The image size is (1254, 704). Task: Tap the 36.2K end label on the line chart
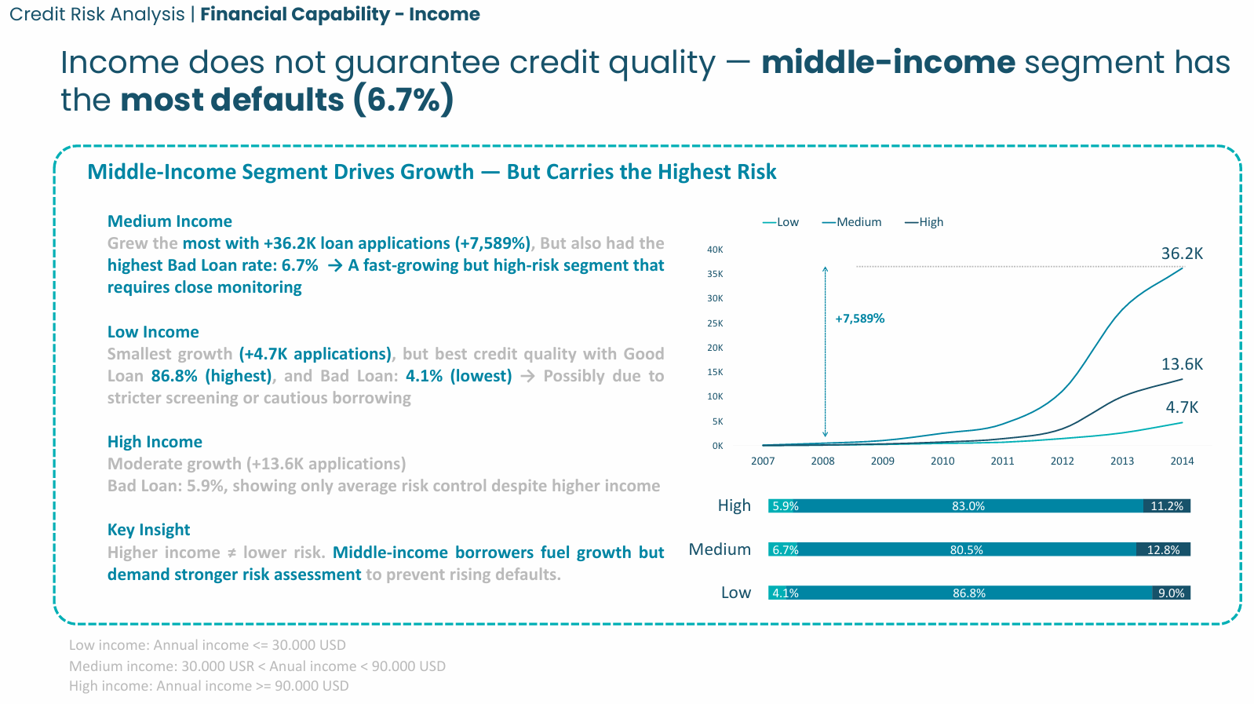tap(1181, 254)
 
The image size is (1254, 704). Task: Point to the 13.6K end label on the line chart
tap(1181, 364)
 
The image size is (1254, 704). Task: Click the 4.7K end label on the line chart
tap(1181, 407)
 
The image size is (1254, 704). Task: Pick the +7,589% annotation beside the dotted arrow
tap(859, 319)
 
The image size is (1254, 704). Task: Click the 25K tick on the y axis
tap(715, 323)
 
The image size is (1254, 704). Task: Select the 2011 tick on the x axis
tap(1002, 461)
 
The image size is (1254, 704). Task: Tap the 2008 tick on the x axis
tap(822, 461)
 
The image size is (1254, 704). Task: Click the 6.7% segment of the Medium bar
tap(785, 550)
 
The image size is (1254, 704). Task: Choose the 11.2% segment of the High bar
tap(1166, 506)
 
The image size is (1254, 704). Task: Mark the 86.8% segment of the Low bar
tap(969, 593)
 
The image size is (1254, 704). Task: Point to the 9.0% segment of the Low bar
tap(1171, 593)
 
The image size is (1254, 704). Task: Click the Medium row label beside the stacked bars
tap(720, 549)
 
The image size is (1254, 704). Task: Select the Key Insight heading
tap(148, 530)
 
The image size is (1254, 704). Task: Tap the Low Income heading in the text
tap(153, 332)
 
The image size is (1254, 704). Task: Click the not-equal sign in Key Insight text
tap(231, 553)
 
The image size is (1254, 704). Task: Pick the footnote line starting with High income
tap(209, 686)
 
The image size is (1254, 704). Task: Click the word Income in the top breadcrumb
tap(444, 14)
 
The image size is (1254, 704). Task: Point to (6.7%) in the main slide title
tap(403, 100)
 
